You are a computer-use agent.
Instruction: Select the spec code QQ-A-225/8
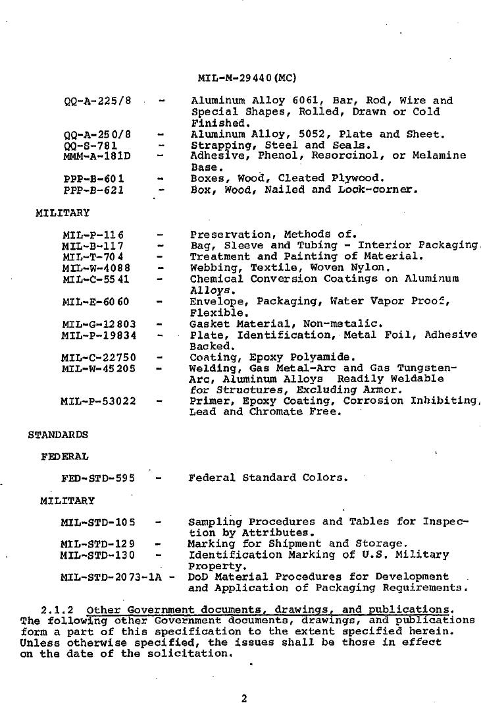(x=97, y=101)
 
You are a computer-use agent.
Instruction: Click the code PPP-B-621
(x=93, y=190)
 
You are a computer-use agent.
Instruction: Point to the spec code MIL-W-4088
(x=96, y=268)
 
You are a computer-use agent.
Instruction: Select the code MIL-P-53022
(x=98, y=401)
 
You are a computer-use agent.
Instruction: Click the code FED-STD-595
(x=97, y=478)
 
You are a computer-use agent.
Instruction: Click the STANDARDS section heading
(x=58, y=435)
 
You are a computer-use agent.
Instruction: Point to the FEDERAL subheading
(x=64, y=456)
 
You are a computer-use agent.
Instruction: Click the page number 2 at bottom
(x=244, y=699)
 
